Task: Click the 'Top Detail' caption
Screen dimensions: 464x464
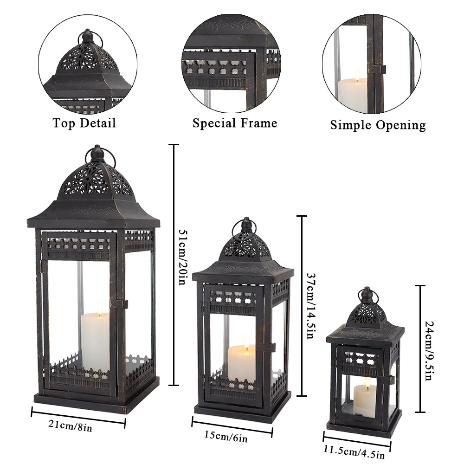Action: (84, 123)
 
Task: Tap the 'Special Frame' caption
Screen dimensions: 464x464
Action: (235, 123)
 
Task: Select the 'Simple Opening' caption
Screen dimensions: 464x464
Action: (378, 125)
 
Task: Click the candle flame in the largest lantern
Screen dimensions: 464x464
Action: (100, 308)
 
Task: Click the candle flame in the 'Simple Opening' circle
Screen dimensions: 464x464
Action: (357, 73)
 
